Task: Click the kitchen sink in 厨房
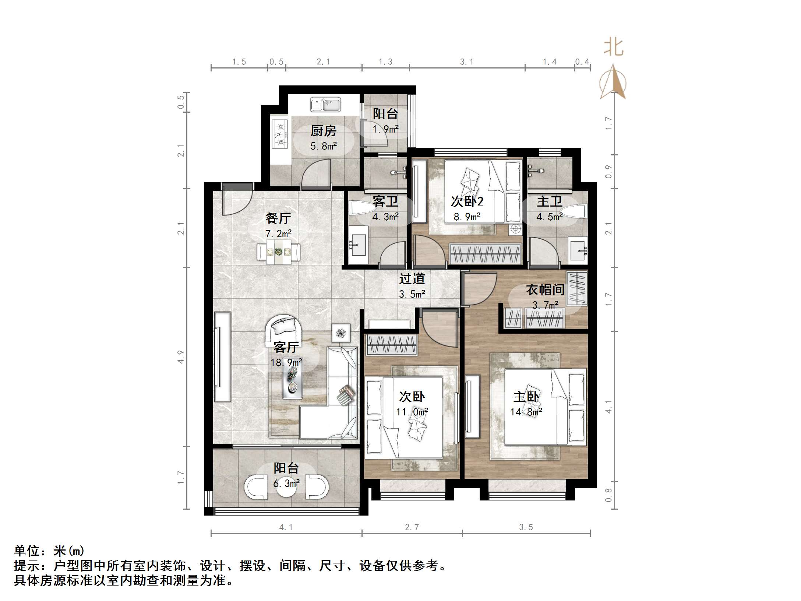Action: pyautogui.click(x=325, y=104)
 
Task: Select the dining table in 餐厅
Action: pyautogui.click(x=278, y=252)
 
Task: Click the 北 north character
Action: pyautogui.click(x=613, y=48)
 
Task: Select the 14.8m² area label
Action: pyautogui.click(x=526, y=412)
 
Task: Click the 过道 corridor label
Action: pyautogui.click(x=412, y=279)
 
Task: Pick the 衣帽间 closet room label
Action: pyautogui.click(x=545, y=290)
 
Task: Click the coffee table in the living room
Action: pyautogui.click(x=292, y=383)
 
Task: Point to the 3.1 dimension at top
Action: pyautogui.click(x=466, y=62)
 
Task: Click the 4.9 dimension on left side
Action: pyautogui.click(x=180, y=357)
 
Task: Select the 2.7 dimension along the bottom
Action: pyautogui.click(x=412, y=527)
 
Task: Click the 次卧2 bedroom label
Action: pyautogui.click(x=467, y=201)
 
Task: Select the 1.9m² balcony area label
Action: pyautogui.click(x=385, y=129)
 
